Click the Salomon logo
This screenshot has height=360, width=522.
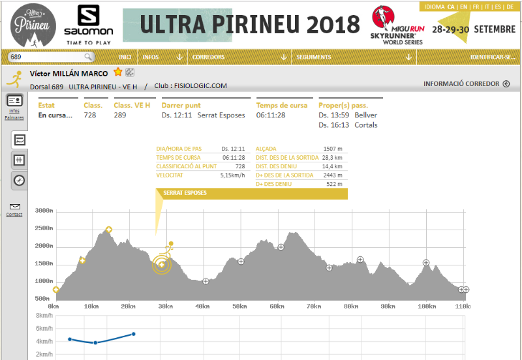pyautogui.click(x=88, y=24)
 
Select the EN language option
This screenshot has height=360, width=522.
pyautogui.click(x=463, y=7)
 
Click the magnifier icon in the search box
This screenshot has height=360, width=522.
pyautogui.click(x=88, y=57)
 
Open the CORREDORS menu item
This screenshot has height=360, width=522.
pyautogui.click(x=208, y=57)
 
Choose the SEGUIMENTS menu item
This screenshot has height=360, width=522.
pyautogui.click(x=314, y=57)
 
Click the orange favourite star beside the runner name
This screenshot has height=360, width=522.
pyautogui.click(x=117, y=72)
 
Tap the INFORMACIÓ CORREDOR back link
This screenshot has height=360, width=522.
pyautogui.click(x=467, y=84)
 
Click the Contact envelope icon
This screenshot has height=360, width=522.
pyautogui.click(x=14, y=207)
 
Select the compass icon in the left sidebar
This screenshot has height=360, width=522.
pyautogui.click(x=20, y=181)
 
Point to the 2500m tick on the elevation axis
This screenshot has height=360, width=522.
pyautogui.click(x=45, y=229)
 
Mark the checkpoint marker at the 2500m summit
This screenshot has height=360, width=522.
pyautogui.click(x=108, y=230)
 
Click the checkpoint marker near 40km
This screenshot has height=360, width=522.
pyautogui.click(x=206, y=282)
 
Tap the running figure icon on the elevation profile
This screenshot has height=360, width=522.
pyautogui.click(x=168, y=249)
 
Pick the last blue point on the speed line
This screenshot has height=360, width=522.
pyautogui.click(x=134, y=334)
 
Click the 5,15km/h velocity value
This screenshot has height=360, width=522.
pyautogui.click(x=232, y=175)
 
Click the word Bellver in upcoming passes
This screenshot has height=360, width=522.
pyautogui.click(x=366, y=115)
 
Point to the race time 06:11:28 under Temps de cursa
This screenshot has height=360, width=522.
pyautogui.click(x=271, y=115)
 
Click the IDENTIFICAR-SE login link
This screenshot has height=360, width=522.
pyautogui.click(x=493, y=57)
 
